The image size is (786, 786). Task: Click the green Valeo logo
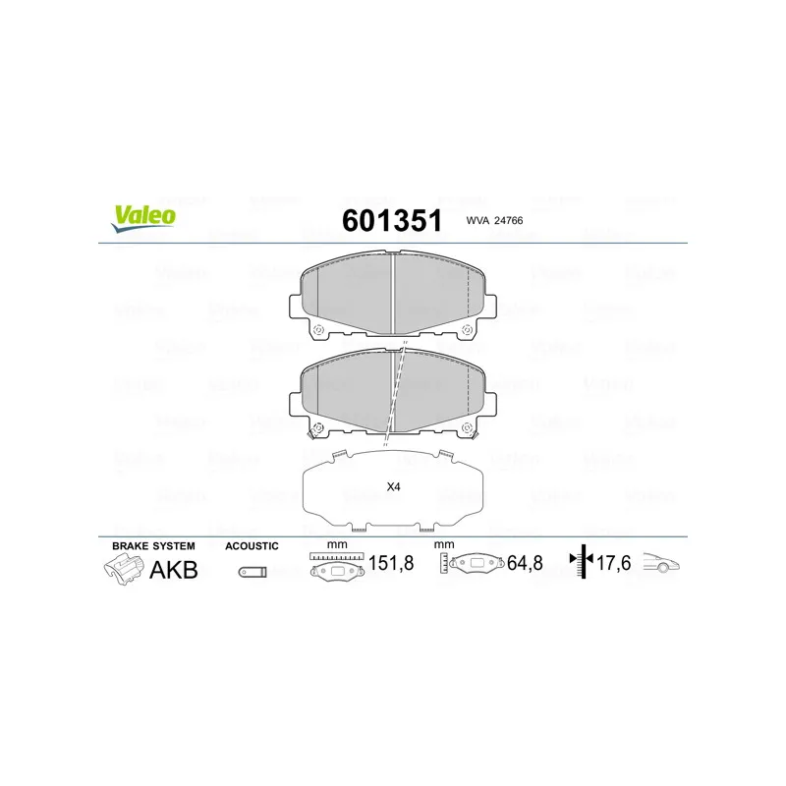tap(143, 218)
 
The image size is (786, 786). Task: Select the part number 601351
tap(392, 220)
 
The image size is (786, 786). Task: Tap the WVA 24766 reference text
tap(494, 220)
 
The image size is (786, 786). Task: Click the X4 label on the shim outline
tap(394, 486)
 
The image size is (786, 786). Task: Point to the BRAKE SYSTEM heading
tap(153, 546)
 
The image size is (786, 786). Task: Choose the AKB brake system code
tap(174, 570)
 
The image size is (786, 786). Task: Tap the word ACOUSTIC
tap(252, 546)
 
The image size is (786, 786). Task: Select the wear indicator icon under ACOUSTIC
tap(253, 572)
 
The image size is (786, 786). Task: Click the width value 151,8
tap(391, 563)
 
